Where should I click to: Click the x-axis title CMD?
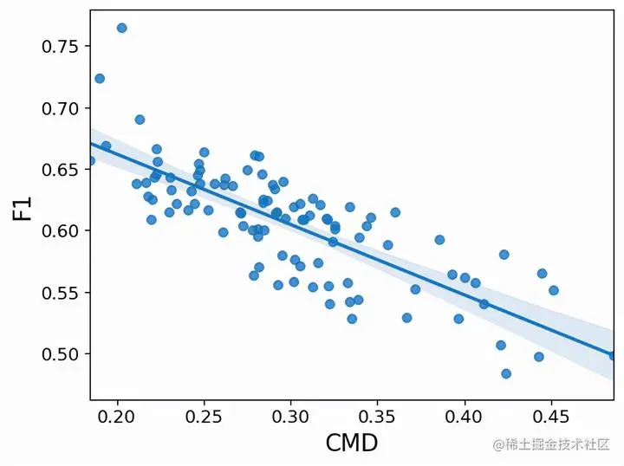point(351,443)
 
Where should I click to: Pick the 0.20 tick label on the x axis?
point(116,414)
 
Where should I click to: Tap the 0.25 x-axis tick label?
point(204,414)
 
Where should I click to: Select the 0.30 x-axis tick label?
point(290,414)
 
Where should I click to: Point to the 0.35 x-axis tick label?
point(378,414)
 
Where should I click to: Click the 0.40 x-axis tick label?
point(465,414)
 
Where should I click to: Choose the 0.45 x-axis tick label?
point(551,414)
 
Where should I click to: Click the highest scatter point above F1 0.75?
point(121,28)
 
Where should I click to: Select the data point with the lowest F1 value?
point(506,373)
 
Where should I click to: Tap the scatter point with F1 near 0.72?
point(100,78)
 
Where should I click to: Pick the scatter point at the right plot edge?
point(613,355)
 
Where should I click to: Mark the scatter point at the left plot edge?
point(90,160)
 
